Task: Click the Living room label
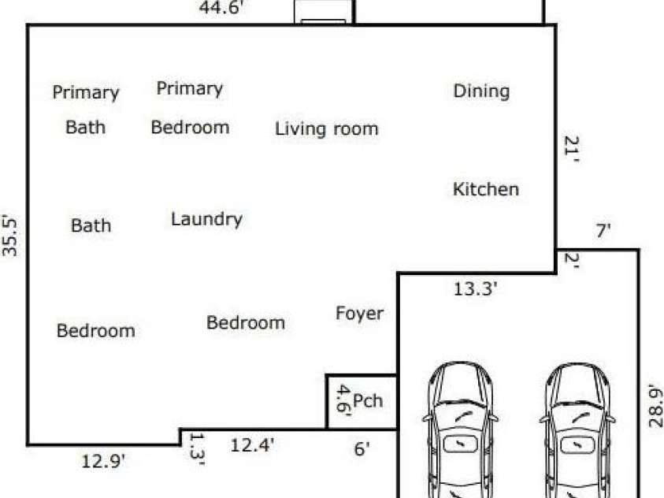click(x=327, y=128)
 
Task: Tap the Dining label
click(x=481, y=91)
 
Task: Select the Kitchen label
click(x=486, y=189)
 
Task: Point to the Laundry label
click(x=206, y=219)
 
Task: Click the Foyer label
click(x=359, y=314)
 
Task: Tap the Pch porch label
click(x=368, y=400)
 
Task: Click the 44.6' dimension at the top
click(x=221, y=7)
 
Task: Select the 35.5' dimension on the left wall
click(x=9, y=236)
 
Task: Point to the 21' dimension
click(x=571, y=149)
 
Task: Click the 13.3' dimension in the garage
click(x=475, y=289)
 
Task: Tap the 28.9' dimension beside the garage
click(x=655, y=405)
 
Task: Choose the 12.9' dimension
click(x=103, y=461)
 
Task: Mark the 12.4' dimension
click(x=252, y=445)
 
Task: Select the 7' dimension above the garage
click(x=603, y=230)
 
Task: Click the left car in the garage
click(x=460, y=429)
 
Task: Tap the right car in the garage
click(x=577, y=429)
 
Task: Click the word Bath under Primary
click(x=86, y=127)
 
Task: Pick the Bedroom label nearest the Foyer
click(x=246, y=323)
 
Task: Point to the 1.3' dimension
click(x=197, y=449)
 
